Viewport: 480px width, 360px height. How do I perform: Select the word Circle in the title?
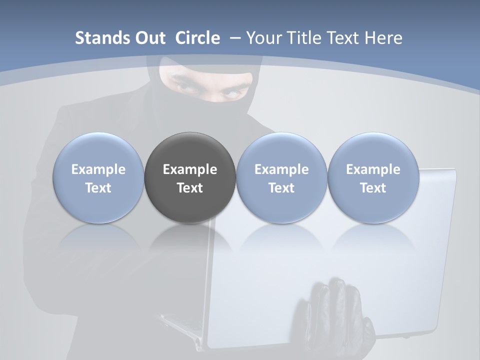[x=197, y=38]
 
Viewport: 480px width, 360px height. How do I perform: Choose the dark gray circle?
[x=190, y=178]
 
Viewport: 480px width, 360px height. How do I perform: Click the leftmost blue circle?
[x=98, y=178]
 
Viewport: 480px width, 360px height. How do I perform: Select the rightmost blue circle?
[x=373, y=178]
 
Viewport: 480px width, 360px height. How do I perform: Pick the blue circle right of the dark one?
[x=281, y=178]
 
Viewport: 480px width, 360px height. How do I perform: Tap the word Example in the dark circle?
[x=190, y=169]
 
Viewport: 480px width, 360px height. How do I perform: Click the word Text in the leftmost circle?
[x=98, y=188]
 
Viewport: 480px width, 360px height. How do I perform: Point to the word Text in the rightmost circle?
[x=373, y=188]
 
